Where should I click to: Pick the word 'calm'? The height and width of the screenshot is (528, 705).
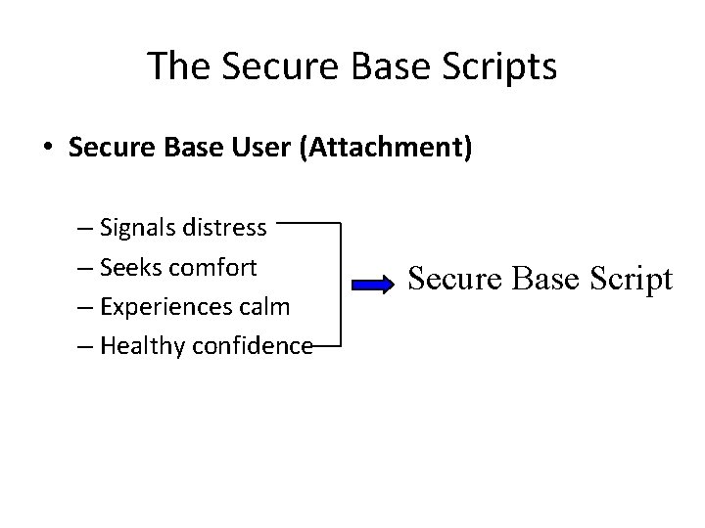[x=266, y=306]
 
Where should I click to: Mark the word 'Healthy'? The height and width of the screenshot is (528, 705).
[x=135, y=345]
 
